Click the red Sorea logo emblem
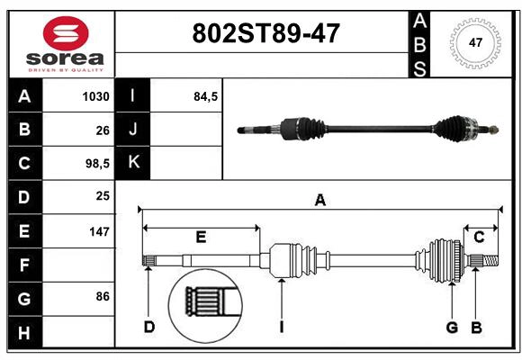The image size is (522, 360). click(x=66, y=33)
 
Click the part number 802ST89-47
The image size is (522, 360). click(x=266, y=33)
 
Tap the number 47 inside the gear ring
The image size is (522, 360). click(x=475, y=42)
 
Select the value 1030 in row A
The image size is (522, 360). click(x=96, y=96)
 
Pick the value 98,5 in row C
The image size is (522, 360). click(x=97, y=164)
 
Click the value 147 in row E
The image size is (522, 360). click(x=99, y=231)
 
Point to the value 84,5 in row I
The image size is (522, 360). click(x=206, y=96)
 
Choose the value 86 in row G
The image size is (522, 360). click(x=103, y=296)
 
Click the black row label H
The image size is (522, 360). click(x=24, y=332)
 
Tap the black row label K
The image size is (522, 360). click(x=133, y=163)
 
